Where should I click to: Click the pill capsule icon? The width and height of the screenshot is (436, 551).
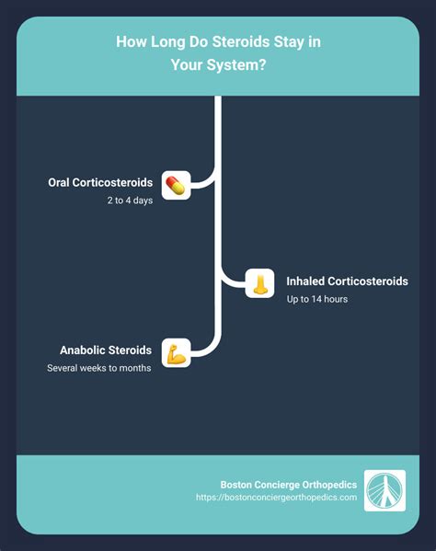176,185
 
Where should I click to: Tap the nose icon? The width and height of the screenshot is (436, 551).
259,283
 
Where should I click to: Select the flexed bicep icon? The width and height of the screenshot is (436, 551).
176,353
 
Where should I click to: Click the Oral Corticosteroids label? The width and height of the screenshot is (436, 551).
100,182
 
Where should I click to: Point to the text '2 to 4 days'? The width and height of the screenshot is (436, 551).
130,201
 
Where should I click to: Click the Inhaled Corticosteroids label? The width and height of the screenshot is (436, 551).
347,281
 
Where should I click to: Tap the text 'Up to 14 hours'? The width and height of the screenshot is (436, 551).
317,299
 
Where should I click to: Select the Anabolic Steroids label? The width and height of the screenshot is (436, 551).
106,350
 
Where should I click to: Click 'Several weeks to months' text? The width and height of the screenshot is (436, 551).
99,368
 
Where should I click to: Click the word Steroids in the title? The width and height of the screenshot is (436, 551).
241,41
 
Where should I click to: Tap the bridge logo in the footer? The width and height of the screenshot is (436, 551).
384,490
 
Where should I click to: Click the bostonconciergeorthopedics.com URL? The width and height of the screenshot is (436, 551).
277,498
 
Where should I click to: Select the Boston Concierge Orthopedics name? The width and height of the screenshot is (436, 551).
289,485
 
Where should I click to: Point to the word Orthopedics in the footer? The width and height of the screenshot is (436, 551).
329,485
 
